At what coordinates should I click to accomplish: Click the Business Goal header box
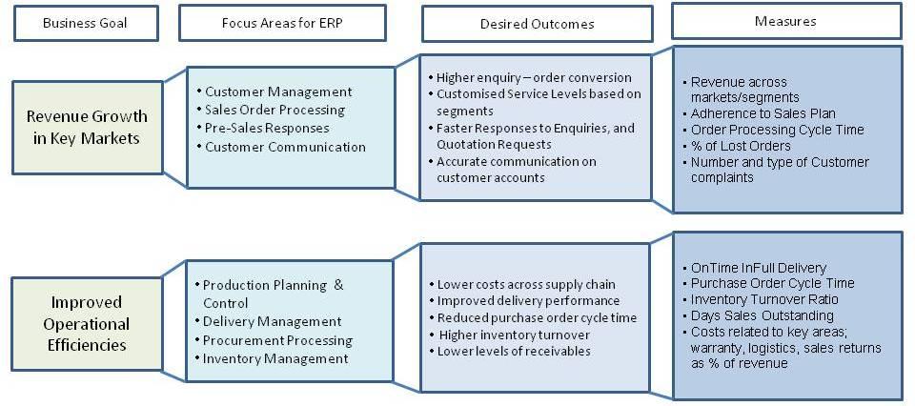click(x=86, y=23)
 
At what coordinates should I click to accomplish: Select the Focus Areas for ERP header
click(x=282, y=23)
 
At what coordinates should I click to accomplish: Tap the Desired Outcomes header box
click(x=537, y=24)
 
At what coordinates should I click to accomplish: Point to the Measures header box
click(x=786, y=22)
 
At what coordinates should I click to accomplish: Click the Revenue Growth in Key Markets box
click(x=87, y=127)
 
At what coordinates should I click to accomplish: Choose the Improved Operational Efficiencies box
click(x=87, y=323)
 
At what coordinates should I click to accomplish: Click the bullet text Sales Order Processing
click(x=274, y=110)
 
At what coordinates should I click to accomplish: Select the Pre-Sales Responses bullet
click(x=267, y=128)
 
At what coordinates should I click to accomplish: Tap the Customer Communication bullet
click(x=285, y=147)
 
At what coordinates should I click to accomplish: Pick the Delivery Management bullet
click(x=272, y=321)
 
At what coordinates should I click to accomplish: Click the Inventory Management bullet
click(x=275, y=358)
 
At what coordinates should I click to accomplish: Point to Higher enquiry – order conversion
click(x=534, y=77)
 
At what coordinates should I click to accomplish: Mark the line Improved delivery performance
click(x=528, y=301)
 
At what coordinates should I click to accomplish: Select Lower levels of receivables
click(x=514, y=351)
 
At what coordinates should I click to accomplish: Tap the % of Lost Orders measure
click(x=741, y=146)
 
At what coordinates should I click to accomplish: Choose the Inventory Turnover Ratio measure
click(x=764, y=299)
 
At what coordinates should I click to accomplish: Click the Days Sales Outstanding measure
click(x=762, y=315)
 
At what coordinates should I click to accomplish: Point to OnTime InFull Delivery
click(x=759, y=268)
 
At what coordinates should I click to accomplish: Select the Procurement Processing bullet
click(x=277, y=340)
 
